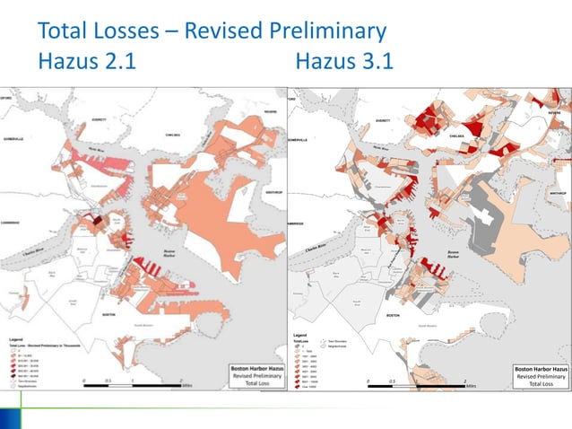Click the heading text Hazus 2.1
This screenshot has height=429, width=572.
pyautogui.click(x=88, y=64)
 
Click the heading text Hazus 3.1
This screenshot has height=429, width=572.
pyautogui.click(x=343, y=64)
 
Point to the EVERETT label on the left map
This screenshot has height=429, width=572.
pyautogui.click(x=98, y=119)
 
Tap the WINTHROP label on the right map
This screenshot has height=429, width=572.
pyautogui.click(x=555, y=192)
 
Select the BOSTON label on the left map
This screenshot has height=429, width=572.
pyautogui.click(x=108, y=315)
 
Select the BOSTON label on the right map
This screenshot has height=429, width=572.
pyautogui.click(x=392, y=317)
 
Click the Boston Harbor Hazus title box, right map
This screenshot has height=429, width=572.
pyautogui.click(x=540, y=375)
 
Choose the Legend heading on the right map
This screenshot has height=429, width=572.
pyautogui.click(x=299, y=334)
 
